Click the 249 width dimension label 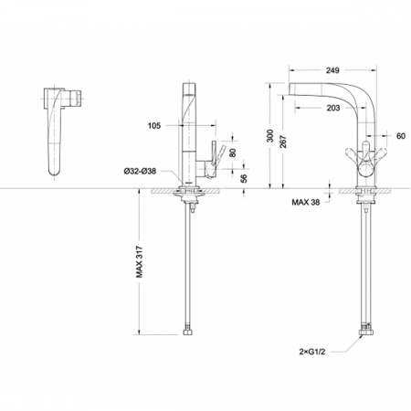332,70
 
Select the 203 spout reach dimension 333,108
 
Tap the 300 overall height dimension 270,136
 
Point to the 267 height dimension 283,141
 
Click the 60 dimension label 401,136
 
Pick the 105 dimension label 154,125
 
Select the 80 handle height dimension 233,153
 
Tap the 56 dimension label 244,178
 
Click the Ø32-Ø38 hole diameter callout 140,171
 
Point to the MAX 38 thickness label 306,202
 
